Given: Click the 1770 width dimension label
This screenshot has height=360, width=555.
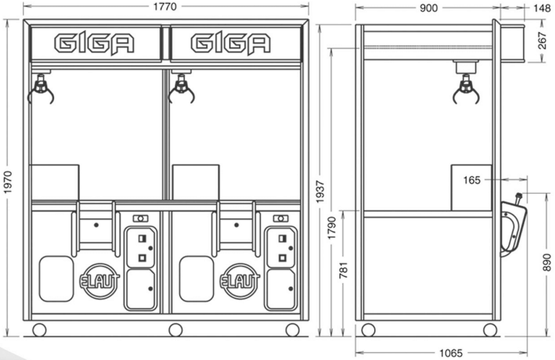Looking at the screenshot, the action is click(x=165, y=7).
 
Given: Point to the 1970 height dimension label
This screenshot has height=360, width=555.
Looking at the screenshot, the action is click(x=8, y=182).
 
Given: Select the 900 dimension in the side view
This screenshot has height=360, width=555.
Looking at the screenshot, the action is click(x=429, y=8).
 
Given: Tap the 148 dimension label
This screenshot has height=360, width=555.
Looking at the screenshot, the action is click(x=542, y=8).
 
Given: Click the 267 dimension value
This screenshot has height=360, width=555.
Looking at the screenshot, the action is click(x=542, y=41).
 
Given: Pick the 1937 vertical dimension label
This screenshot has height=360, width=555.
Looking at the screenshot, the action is click(x=320, y=192).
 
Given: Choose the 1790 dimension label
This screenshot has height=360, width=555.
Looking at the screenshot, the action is click(x=332, y=228).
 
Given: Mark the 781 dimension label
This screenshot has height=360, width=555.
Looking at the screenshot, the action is click(x=343, y=270).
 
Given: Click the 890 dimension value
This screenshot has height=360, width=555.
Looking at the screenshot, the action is click(x=547, y=262).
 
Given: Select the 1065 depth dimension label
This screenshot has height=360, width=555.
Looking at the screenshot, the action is click(x=451, y=353).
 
